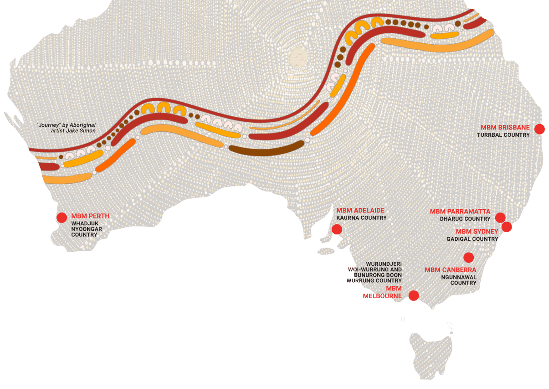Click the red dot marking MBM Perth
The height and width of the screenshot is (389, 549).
click(x=62, y=218)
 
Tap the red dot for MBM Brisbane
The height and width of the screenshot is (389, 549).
click(x=539, y=129)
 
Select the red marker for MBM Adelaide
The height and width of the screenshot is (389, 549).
click(x=337, y=229)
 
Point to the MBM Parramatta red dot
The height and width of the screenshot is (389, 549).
click(x=500, y=218)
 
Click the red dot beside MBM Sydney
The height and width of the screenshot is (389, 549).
click(x=507, y=227)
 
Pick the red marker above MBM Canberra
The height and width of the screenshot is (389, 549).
click(x=468, y=257)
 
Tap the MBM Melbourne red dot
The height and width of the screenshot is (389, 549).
click(x=413, y=296)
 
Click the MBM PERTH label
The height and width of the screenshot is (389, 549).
click(x=90, y=216)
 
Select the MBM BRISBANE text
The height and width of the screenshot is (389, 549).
click(x=505, y=128)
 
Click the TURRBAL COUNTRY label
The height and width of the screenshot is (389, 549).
click(x=503, y=135)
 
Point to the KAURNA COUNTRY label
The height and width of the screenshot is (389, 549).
click(x=361, y=218)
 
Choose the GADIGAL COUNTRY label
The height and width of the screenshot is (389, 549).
click(x=472, y=239)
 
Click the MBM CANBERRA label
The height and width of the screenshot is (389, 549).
click(x=450, y=270)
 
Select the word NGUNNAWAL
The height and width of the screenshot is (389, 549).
click(x=458, y=277)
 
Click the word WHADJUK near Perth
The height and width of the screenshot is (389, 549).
click(x=85, y=223)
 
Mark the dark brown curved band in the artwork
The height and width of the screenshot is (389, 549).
click(x=267, y=149)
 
